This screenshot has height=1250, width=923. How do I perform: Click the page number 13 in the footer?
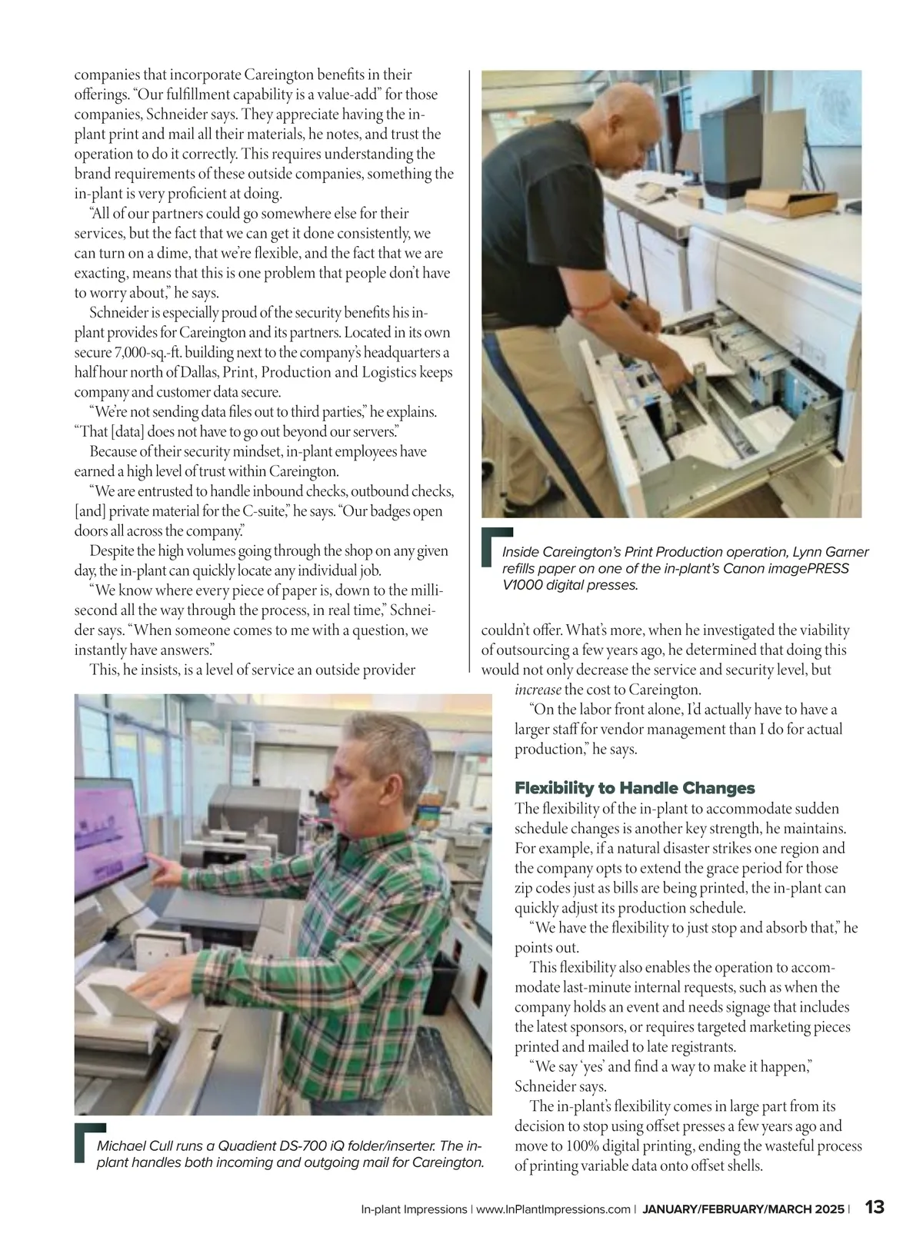pyautogui.click(x=875, y=1207)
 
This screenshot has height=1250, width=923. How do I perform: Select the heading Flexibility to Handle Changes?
pyautogui.click(x=635, y=788)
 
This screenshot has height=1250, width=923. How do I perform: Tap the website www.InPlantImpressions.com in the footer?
pyautogui.click(x=553, y=1209)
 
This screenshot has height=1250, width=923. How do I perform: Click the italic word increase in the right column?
pyautogui.click(x=538, y=690)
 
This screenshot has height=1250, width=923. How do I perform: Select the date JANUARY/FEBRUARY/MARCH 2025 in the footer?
pyautogui.click(x=743, y=1209)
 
